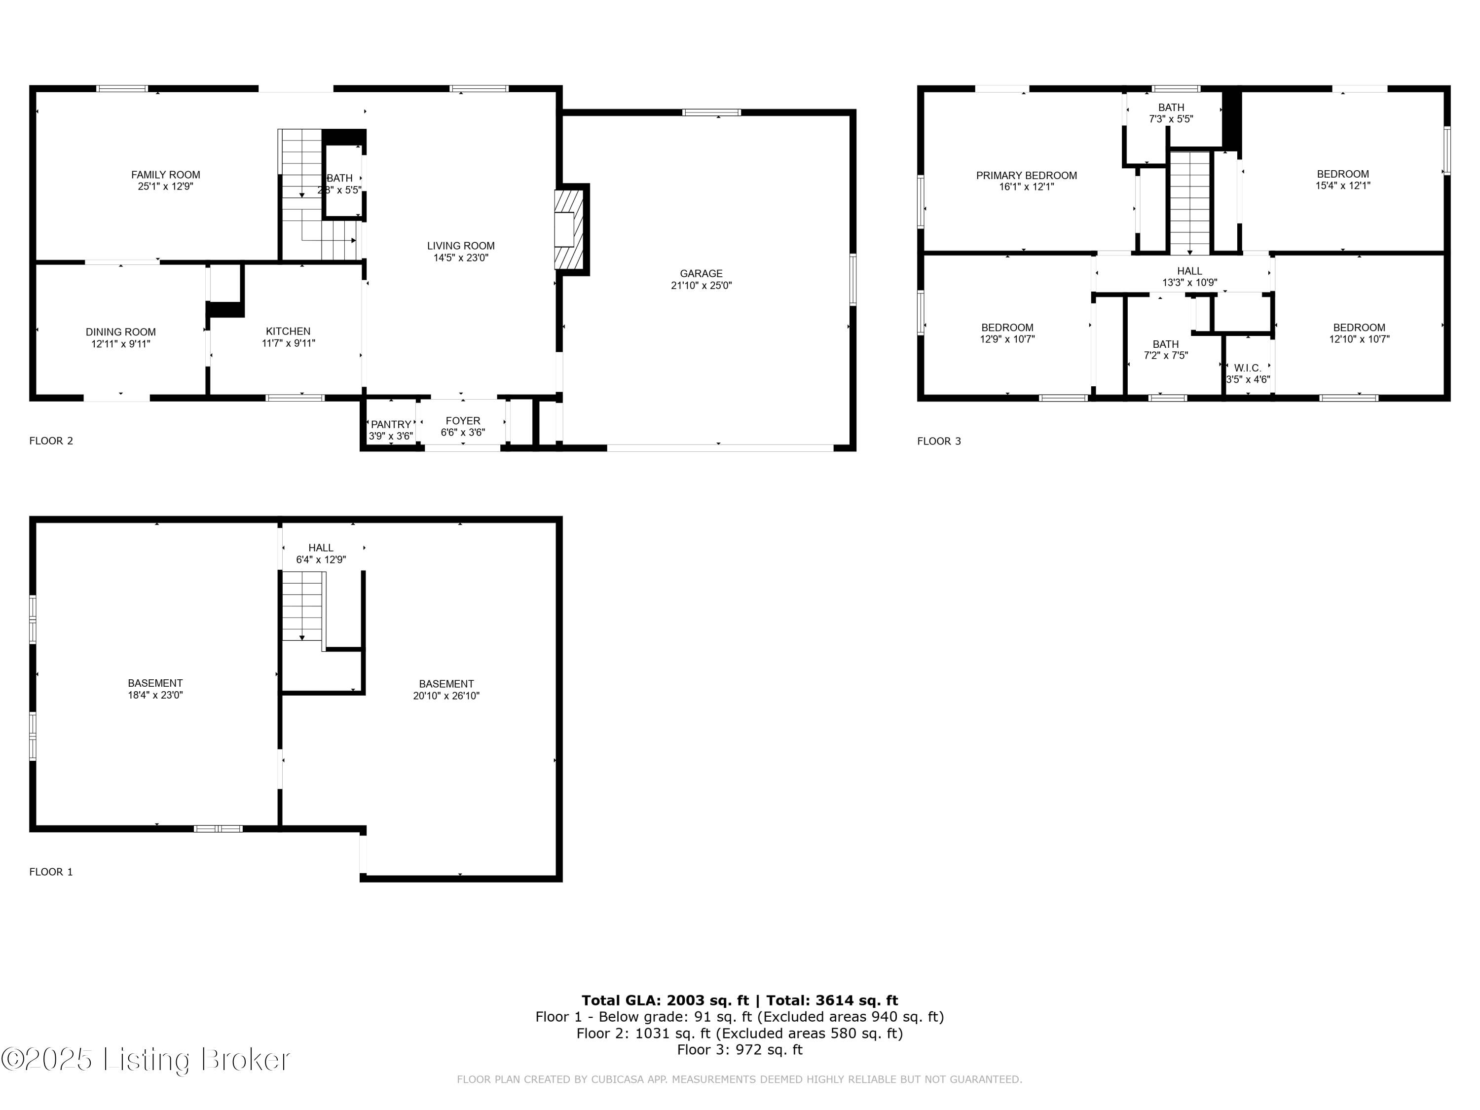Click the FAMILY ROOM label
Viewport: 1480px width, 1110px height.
165,175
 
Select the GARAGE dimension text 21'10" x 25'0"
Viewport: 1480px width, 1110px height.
701,285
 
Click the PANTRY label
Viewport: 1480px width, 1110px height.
391,424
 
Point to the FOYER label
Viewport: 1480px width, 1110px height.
462,421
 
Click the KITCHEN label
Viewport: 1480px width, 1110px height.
288,331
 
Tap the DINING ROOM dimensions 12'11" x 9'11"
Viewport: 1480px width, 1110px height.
120,344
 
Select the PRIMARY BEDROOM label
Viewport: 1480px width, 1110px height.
1026,175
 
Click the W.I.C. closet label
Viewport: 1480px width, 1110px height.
1247,368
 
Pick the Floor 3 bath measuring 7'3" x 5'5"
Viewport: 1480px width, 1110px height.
1171,113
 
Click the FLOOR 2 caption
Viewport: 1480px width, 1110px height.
51,440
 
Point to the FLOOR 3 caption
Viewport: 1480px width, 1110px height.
939,441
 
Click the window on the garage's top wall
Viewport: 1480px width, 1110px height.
711,112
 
